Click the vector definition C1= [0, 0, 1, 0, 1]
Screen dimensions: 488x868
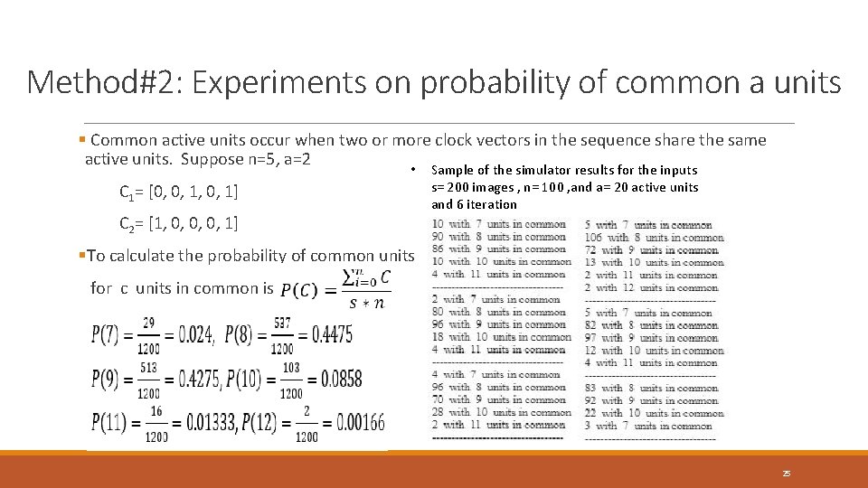[x=179, y=192]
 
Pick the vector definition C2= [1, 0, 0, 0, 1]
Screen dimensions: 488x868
[x=179, y=222]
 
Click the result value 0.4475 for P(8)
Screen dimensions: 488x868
[x=332, y=335]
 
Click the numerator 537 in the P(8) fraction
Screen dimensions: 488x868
[x=282, y=322]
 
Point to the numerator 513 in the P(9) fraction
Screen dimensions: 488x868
[x=148, y=367]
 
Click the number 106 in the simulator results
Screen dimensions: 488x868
[x=593, y=238]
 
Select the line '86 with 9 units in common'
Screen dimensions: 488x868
[x=499, y=249]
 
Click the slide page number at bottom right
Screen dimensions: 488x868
[x=787, y=473]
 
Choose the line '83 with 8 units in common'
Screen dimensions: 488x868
[x=651, y=388]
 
